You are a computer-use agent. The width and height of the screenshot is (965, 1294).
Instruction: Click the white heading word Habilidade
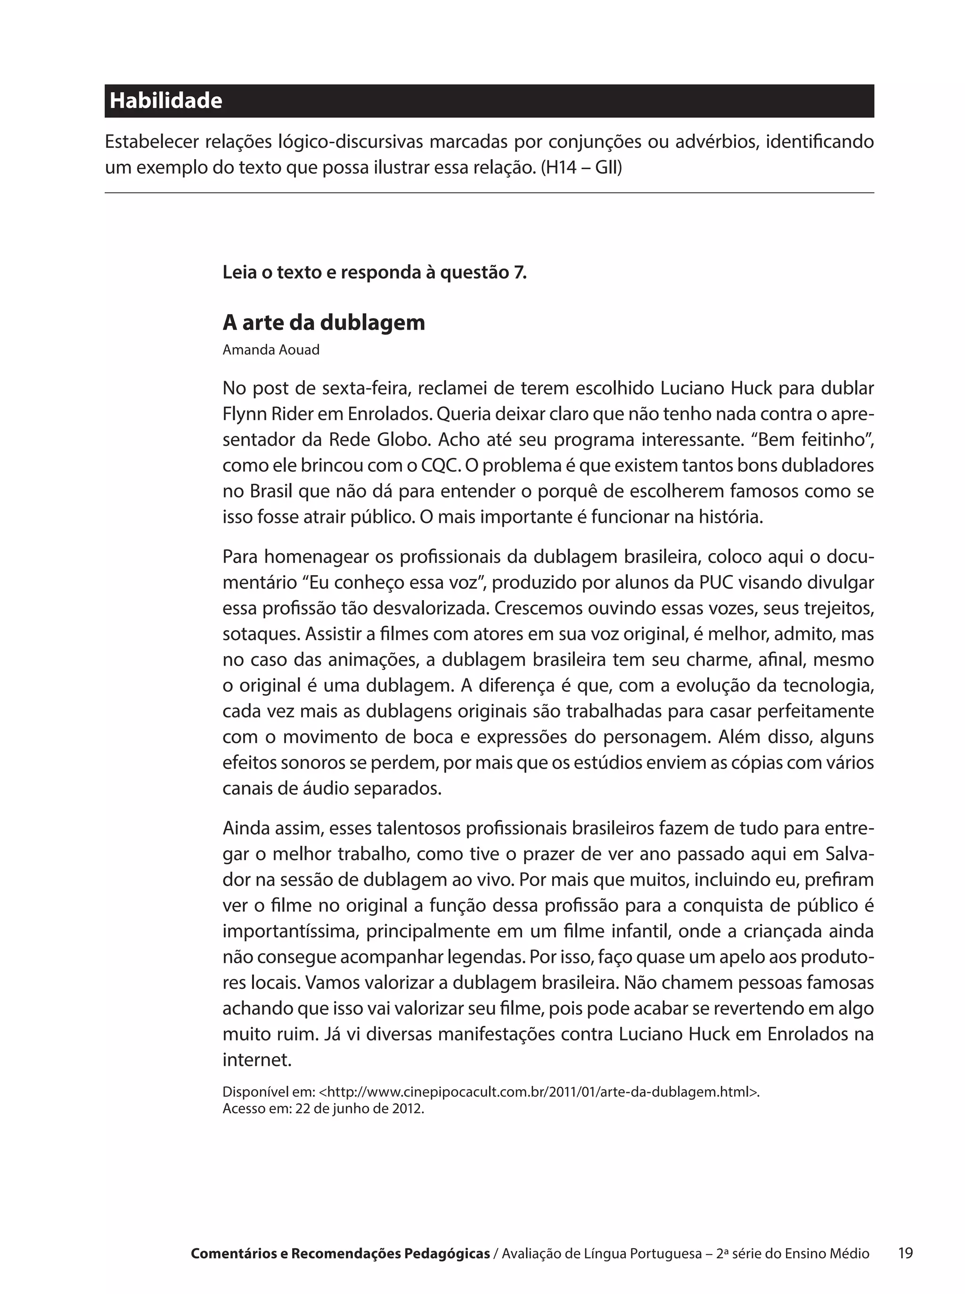(x=166, y=101)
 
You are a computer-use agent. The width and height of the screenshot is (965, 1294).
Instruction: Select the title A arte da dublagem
(x=324, y=322)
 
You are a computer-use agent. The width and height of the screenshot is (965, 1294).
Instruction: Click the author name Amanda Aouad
(x=271, y=350)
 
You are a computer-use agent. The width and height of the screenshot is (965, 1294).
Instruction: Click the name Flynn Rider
(x=269, y=414)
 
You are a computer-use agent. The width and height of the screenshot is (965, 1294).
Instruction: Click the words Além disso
(x=763, y=737)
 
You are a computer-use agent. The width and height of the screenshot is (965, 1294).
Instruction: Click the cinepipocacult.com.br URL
(x=540, y=1092)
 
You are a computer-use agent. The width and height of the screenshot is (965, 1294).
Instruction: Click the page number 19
(x=906, y=1253)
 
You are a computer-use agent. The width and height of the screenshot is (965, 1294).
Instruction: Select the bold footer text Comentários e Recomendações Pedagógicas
(x=340, y=1253)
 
